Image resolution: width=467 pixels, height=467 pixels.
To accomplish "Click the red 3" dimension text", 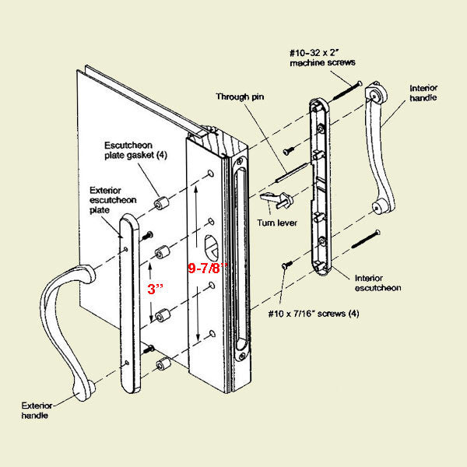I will click(156, 289).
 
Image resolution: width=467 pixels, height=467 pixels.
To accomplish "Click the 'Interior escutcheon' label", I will click(378, 283).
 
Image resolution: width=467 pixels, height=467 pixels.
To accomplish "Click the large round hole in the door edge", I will click(212, 247).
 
